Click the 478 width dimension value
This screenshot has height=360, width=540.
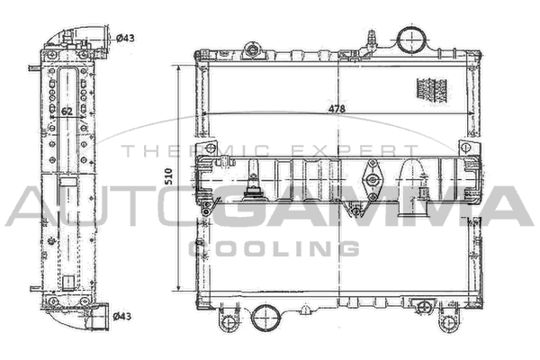point(337,109)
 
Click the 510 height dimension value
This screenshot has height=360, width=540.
point(168,176)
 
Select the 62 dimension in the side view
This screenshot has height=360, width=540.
point(67,112)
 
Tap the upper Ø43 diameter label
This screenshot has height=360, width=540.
point(125,38)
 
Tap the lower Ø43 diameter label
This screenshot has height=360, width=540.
point(122,316)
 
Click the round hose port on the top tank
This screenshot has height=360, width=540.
point(412,39)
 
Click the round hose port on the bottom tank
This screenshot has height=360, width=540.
point(265,318)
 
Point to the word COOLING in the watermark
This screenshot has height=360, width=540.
point(274,248)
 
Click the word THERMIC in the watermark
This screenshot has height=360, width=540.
point(196,151)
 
